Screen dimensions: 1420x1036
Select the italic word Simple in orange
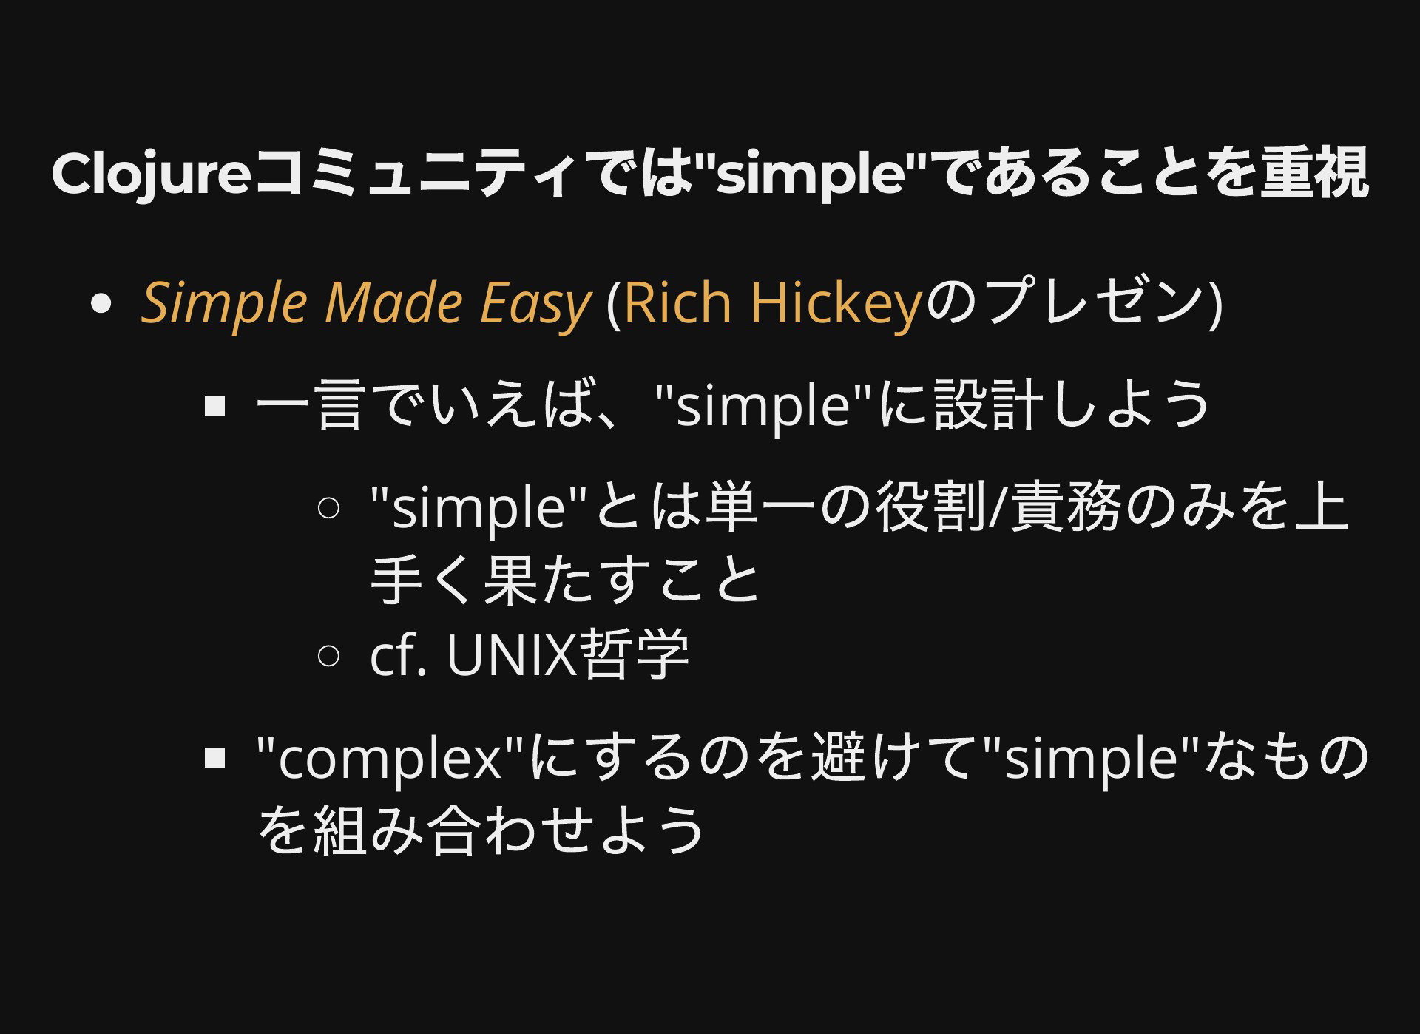[224, 303]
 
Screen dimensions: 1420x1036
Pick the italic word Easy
[535, 305]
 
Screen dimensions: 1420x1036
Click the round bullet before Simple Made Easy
[100, 303]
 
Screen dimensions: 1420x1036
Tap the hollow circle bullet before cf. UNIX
[328, 654]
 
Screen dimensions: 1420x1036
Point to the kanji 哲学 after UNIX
[635, 654]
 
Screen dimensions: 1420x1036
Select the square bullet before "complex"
[214, 758]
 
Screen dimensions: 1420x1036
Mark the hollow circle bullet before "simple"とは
[328, 507]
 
